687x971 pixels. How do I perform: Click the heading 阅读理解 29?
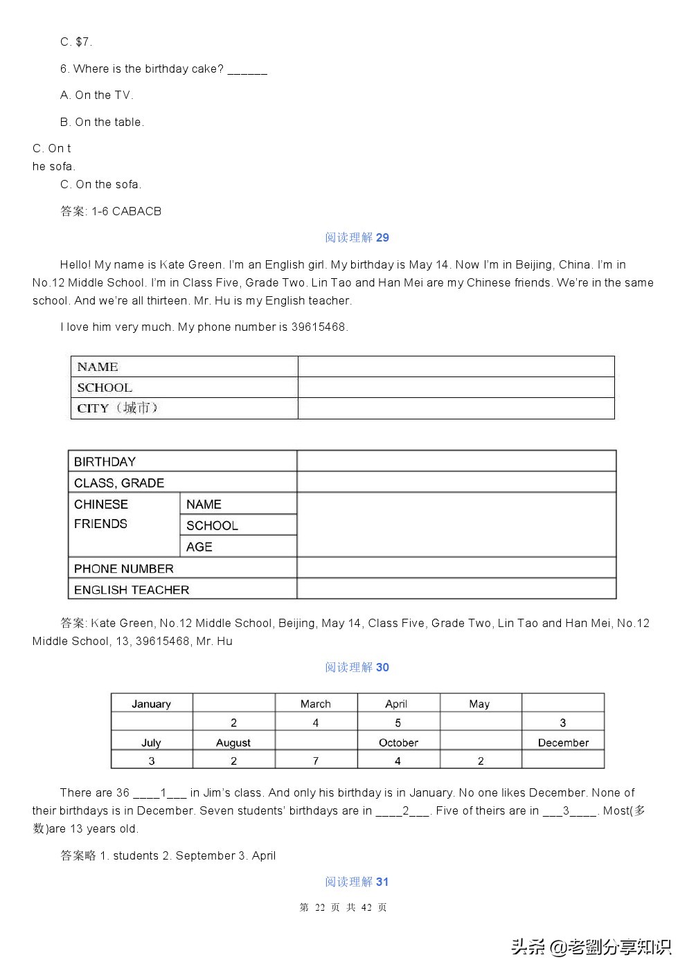(357, 237)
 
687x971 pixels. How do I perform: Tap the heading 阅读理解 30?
(357, 667)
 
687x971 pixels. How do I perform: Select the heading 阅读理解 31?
(357, 882)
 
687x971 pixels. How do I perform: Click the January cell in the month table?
(151, 704)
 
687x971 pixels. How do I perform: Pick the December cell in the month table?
(563, 743)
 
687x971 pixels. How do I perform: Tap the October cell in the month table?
(398, 743)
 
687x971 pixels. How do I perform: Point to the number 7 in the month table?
(316, 761)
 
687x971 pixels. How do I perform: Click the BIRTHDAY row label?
(105, 462)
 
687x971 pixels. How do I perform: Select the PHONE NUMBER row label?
(124, 569)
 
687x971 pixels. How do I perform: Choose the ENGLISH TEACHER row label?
(132, 590)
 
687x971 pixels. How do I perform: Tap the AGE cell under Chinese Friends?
(199, 547)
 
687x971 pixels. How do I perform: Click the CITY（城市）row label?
(118, 408)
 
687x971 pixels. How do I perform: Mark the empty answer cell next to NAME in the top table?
(456, 367)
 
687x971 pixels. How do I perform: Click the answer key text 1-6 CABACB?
(126, 211)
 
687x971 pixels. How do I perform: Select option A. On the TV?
(97, 95)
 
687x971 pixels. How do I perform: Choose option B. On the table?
(102, 122)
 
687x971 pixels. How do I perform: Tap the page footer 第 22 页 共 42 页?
(343, 907)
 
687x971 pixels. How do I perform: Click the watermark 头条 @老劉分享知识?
(591, 946)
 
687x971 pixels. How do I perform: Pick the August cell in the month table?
(233, 743)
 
